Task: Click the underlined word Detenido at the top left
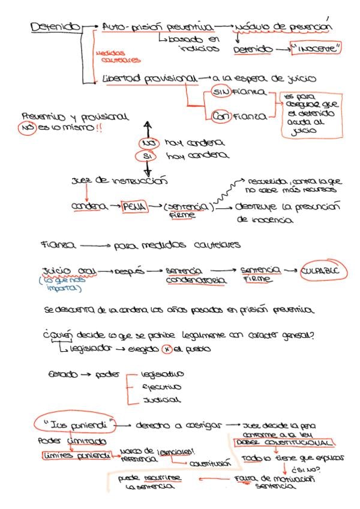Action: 55,27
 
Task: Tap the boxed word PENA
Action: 133,207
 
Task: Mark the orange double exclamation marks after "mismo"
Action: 99,128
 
